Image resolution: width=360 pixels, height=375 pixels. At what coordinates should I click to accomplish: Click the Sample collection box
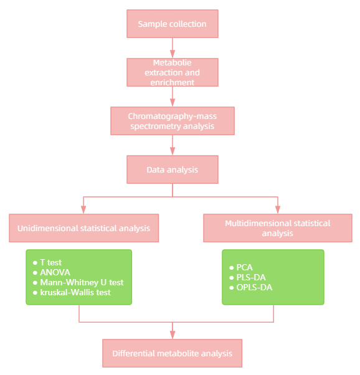tap(173, 24)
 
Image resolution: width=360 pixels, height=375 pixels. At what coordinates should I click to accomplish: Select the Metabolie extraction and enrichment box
tap(173, 72)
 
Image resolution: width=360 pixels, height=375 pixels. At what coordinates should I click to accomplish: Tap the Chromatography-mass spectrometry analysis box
tap(173, 121)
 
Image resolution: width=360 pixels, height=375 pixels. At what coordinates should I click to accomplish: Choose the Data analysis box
tap(173, 169)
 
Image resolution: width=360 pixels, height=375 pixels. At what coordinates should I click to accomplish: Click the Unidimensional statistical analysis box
tap(83, 228)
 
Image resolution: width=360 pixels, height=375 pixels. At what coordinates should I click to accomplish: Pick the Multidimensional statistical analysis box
tap(278, 228)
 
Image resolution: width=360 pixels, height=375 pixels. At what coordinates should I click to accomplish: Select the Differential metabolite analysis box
tap(173, 353)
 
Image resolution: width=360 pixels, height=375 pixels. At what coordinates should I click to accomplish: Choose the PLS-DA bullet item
tap(250, 277)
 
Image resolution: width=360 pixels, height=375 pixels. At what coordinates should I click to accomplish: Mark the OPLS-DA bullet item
tap(253, 287)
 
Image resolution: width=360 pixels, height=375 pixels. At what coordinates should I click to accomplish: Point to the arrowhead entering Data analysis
tap(173, 152)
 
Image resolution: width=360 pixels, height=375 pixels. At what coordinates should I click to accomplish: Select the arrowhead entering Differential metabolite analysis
tap(173, 335)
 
